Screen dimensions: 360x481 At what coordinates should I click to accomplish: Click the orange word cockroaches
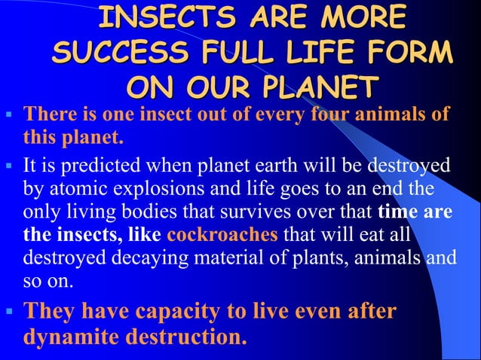point(215,233)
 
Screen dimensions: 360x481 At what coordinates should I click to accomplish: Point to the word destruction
point(189,335)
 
